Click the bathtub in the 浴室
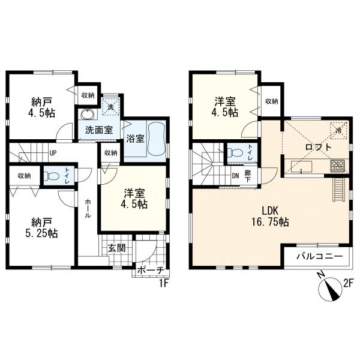click(x=157, y=139)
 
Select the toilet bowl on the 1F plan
click(x=53, y=176)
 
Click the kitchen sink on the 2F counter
click(x=301, y=166)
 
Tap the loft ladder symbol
click(x=338, y=190)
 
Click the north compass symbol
click(x=331, y=289)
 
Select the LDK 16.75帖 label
click(x=270, y=216)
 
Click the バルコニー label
click(x=319, y=256)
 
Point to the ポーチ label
click(x=151, y=271)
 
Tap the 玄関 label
click(x=117, y=248)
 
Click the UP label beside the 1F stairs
click(x=53, y=153)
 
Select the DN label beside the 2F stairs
click(x=235, y=176)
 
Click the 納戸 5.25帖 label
click(x=41, y=228)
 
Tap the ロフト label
click(x=318, y=147)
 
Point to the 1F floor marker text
click(x=164, y=284)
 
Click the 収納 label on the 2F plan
click(x=272, y=101)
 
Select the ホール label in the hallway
click(x=88, y=209)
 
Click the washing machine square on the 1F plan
click(x=111, y=107)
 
